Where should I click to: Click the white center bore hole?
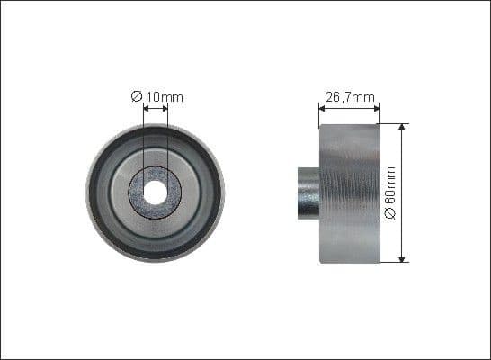pos(155,191)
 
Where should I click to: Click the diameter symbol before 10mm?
pos(136,95)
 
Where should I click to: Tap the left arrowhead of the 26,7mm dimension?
pos(322,110)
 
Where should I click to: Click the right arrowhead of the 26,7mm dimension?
pos(377,110)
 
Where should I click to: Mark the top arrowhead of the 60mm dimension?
pos(402,127)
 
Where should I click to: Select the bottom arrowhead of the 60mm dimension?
pos(402,258)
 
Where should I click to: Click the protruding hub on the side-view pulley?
pos(307,191)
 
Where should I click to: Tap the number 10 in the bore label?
pos(150,95)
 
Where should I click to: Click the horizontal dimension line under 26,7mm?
pos(350,110)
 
